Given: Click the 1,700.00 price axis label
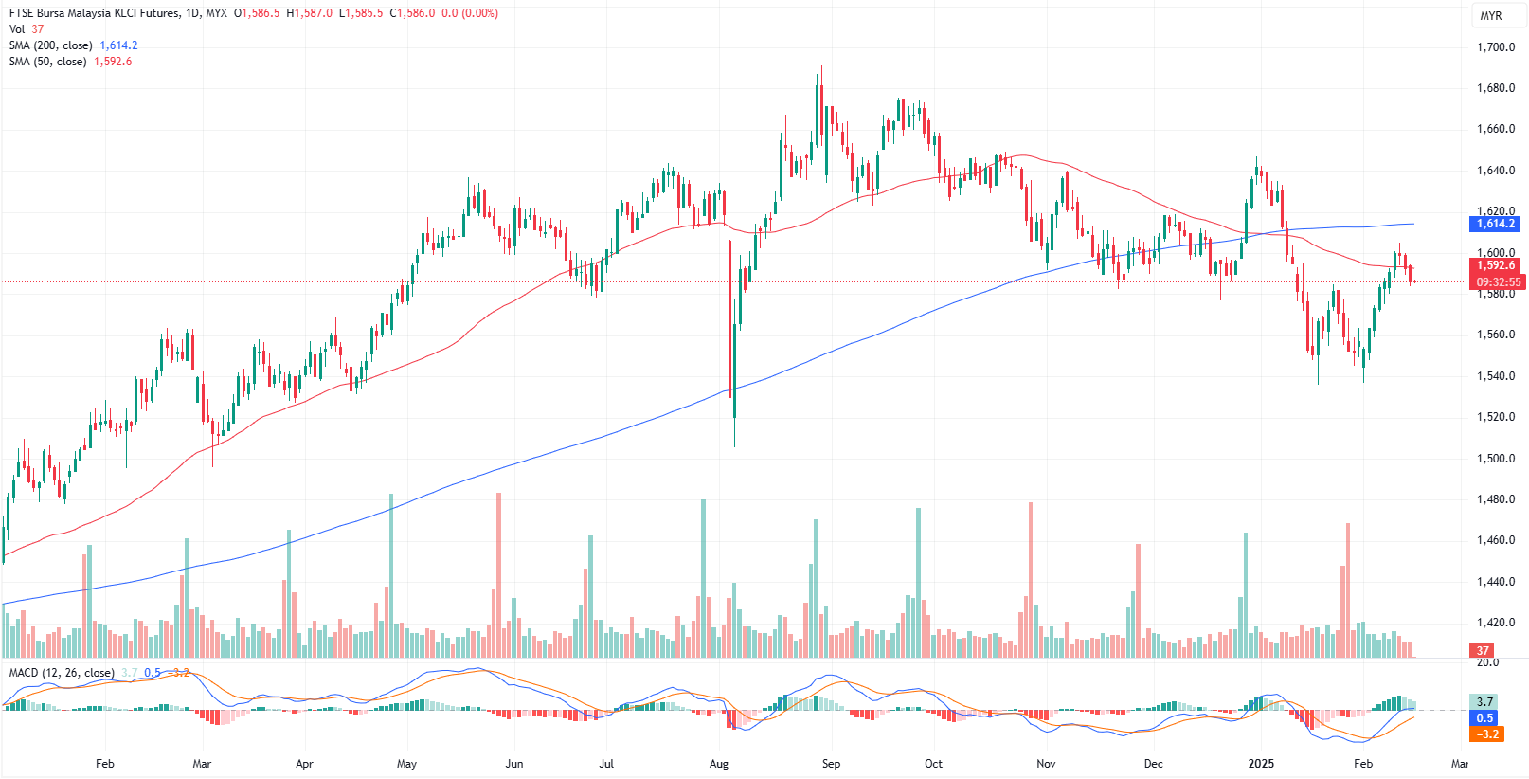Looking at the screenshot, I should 1496,47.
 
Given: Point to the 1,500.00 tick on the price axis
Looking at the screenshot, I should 1496,459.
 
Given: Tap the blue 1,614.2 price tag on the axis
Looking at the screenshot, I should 1496,224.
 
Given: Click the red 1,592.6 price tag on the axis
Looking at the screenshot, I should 1496,265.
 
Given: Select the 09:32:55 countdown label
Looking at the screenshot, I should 1498,281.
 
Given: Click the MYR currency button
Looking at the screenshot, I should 1491,16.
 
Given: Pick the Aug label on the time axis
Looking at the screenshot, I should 719,763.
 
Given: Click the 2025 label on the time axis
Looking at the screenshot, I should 1261,763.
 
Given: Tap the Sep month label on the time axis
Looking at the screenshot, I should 831,763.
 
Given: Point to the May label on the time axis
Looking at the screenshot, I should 406,763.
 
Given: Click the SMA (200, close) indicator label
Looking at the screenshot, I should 51,45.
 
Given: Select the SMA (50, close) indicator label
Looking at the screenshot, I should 48,62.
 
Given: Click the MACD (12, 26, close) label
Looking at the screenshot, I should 62,673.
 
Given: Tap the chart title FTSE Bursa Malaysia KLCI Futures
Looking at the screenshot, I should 93,13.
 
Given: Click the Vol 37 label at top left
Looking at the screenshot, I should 27,29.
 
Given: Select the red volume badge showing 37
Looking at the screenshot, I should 1483,650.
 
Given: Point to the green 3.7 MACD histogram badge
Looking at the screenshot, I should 1484,701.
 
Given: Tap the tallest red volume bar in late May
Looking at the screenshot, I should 498,574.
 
